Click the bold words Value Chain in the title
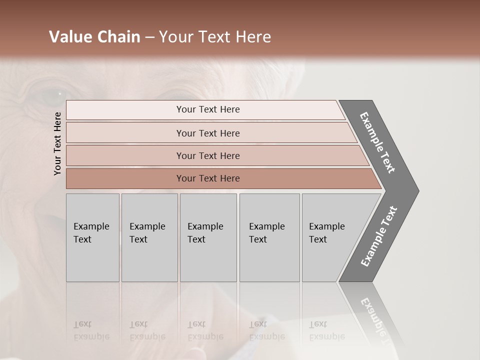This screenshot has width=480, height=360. coord(94,37)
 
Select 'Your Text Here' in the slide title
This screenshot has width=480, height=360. coord(215,37)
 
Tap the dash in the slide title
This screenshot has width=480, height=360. coord(149,37)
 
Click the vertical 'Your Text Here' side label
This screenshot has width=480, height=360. coord(57,143)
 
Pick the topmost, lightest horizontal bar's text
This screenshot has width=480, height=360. coord(208,109)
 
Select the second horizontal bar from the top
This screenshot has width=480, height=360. coord(208,133)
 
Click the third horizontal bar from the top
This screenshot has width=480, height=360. coord(208,155)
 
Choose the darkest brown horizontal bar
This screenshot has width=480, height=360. coord(208,178)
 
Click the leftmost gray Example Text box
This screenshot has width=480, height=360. coord(92,237)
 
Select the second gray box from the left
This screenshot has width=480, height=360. coord(149,237)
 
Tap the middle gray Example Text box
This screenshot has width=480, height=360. coord(208,237)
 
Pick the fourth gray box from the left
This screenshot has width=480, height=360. coord(269,237)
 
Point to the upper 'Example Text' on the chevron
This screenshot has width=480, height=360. coord(377,142)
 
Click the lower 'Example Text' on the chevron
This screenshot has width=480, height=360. coord(378,236)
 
